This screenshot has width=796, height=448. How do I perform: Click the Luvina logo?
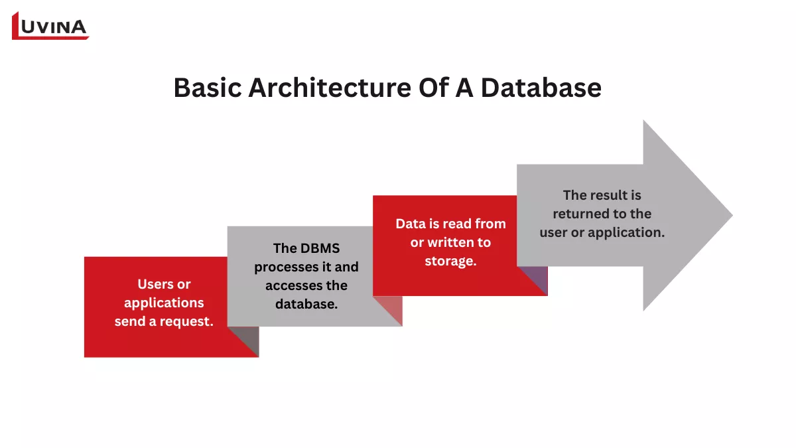click(x=50, y=26)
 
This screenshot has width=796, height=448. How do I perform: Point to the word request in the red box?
click(x=189, y=321)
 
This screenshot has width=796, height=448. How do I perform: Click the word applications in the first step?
click(x=164, y=303)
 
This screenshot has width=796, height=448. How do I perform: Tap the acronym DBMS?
click(x=320, y=248)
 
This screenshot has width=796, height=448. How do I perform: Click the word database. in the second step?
click(x=306, y=304)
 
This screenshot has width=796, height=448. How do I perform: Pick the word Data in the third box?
click(x=410, y=224)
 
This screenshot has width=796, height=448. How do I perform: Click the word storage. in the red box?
click(x=450, y=261)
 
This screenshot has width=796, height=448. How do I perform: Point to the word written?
click(x=451, y=242)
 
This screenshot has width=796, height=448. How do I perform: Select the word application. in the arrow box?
click(x=628, y=232)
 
